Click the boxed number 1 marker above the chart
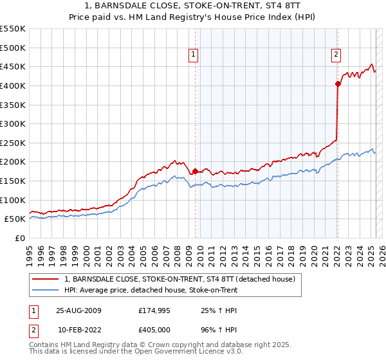[194, 55]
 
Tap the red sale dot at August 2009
[195, 171]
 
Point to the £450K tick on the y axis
[13, 66]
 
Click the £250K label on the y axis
[13, 143]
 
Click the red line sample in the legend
[46, 280]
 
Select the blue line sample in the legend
[46, 291]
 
